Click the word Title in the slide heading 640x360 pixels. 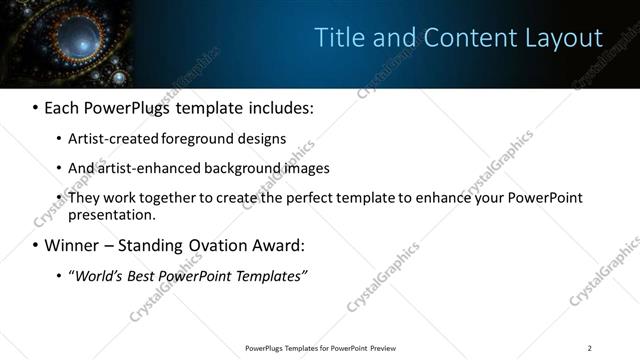tap(338, 38)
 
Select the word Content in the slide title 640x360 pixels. tap(467, 38)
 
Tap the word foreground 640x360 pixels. tap(213, 139)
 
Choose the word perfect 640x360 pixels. tap(316, 198)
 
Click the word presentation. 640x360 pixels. tap(112, 215)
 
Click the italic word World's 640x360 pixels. tap(98, 276)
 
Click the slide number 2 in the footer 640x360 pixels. tap(590, 348)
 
